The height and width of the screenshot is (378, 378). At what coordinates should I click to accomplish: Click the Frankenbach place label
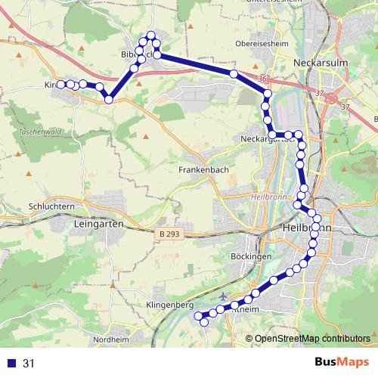coord(203,171)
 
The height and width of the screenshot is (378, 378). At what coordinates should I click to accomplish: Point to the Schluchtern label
coord(50,206)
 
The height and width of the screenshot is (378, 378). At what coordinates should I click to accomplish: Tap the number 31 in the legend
coord(29,364)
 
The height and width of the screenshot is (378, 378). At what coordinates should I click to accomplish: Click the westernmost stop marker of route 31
coord(60,85)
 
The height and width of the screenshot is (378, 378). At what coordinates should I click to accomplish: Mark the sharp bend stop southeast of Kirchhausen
coord(109,99)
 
